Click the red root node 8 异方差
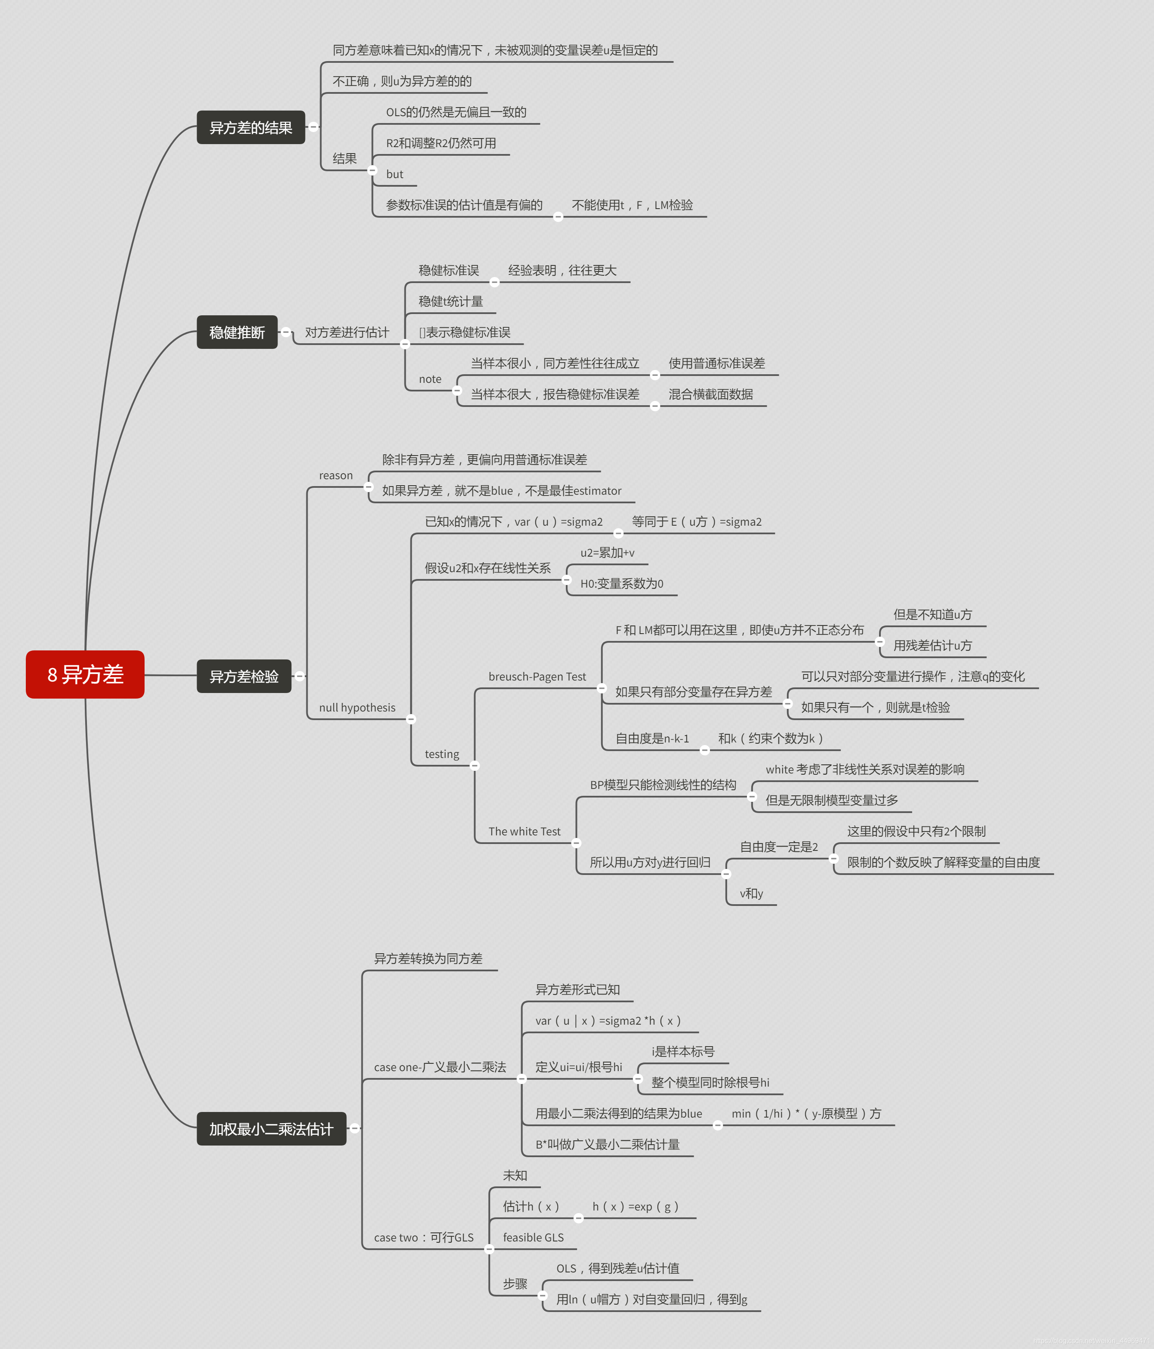[x=85, y=674]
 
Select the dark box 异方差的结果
[x=251, y=128]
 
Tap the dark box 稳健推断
[x=237, y=332]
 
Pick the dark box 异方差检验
[x=244, y=677]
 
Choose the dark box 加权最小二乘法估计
[x=271, y=1128]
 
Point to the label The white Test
[x=524, y=832]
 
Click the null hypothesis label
[x=357, y=708]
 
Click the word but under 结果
[x=394, y=174]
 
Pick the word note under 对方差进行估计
[x=430, y=379]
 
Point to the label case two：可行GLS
[x=423, y=1237]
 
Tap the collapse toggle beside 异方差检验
[x=299, y=676]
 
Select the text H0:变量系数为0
[x=621, y=583]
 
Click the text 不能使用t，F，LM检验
[x=632, y=205]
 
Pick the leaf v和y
[x=751, y=893]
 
